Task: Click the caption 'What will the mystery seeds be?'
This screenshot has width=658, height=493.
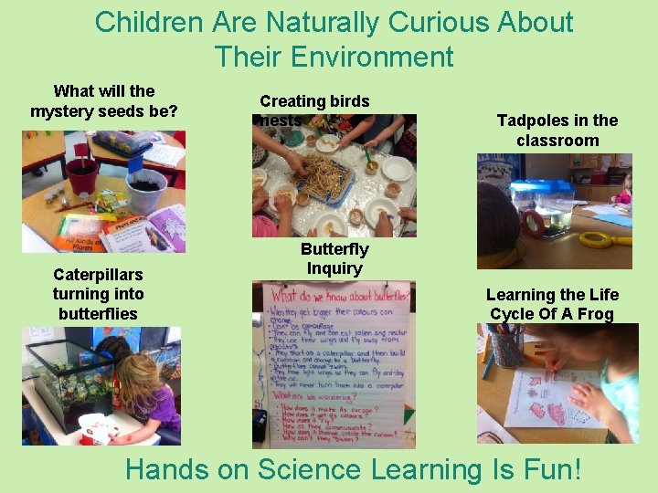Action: pyautogui.click(x=104, y=101)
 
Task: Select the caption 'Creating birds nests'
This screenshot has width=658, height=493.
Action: pyautogui.click(x=314, y=110)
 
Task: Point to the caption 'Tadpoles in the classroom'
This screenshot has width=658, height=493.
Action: pyautogui.click(x=557, y=131)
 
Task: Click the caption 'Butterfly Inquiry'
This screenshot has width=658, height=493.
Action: pyautogui.click(x=334, y=258)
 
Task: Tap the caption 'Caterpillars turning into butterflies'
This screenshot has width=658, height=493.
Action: pyautogui.click(x=99, y=294)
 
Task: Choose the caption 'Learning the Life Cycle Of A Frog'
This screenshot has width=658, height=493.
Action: pyautogui.click(x=552, y=304)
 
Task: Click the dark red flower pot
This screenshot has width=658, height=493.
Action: pyautogui.click(x=82, y=173)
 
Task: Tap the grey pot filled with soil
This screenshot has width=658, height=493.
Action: pyautogui.click(x=146, y=192)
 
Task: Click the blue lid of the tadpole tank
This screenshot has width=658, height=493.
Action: pyautogui.click(x=541, y=186)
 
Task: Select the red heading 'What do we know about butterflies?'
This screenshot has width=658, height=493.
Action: pyautogui.click(x=334, y=295)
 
